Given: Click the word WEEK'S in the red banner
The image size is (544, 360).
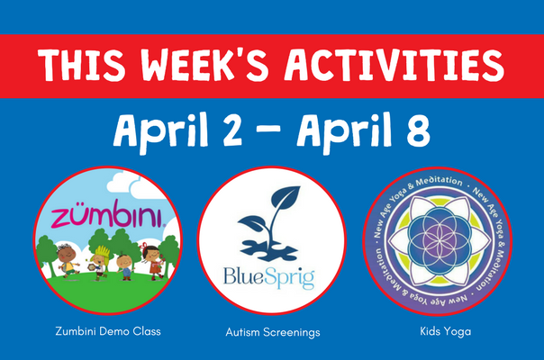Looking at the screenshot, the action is coord(204,65).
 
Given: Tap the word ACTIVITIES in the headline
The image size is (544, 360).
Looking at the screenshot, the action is coord(394,65).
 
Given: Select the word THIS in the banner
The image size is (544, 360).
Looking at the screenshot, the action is coord(82,65).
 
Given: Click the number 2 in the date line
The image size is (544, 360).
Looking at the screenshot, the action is coord(232,130).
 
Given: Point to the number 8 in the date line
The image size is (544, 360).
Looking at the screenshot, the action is coord(418,130).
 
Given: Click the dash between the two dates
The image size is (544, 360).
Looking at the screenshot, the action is coord(269,130).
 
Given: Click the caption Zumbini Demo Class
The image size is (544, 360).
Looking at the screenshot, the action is coord(108,331).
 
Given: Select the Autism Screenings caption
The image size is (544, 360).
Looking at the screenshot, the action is coord(273,332).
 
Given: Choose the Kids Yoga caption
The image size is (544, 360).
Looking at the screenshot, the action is coord(446,331).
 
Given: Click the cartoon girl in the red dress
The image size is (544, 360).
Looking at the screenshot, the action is coord(153,262).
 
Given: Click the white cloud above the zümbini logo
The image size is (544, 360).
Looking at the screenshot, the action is coord(135,187).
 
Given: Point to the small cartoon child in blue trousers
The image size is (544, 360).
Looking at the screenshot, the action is coord(125,266).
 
